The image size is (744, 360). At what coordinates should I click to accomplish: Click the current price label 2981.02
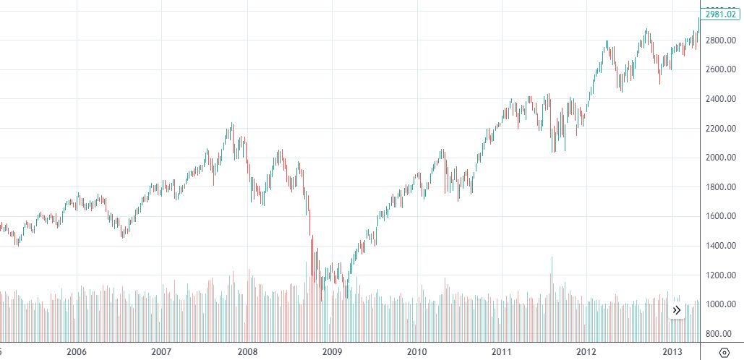721,14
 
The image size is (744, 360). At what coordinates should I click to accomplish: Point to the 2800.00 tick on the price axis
721,40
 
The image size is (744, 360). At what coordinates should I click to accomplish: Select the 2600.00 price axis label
721,69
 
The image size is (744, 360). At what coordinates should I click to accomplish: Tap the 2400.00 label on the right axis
721,99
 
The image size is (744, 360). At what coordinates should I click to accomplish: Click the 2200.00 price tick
721,129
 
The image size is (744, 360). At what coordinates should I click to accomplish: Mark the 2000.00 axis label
721,158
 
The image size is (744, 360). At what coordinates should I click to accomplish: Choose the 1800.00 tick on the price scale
721,187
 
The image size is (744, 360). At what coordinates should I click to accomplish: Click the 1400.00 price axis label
721,246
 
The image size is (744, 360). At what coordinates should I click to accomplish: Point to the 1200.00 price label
721,275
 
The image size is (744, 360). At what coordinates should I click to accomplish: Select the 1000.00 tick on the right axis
721,304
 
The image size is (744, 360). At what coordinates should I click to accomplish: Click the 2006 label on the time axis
76,351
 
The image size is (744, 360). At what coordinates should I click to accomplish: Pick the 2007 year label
161,351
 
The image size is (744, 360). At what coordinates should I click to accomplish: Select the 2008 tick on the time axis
247,351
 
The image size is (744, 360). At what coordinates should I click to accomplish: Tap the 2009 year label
332,351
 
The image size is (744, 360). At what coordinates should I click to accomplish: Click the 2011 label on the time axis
502,351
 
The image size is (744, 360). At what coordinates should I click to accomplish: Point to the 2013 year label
672,351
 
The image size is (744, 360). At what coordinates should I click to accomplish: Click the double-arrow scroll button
677,310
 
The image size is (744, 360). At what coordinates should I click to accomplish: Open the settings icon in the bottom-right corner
724,352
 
